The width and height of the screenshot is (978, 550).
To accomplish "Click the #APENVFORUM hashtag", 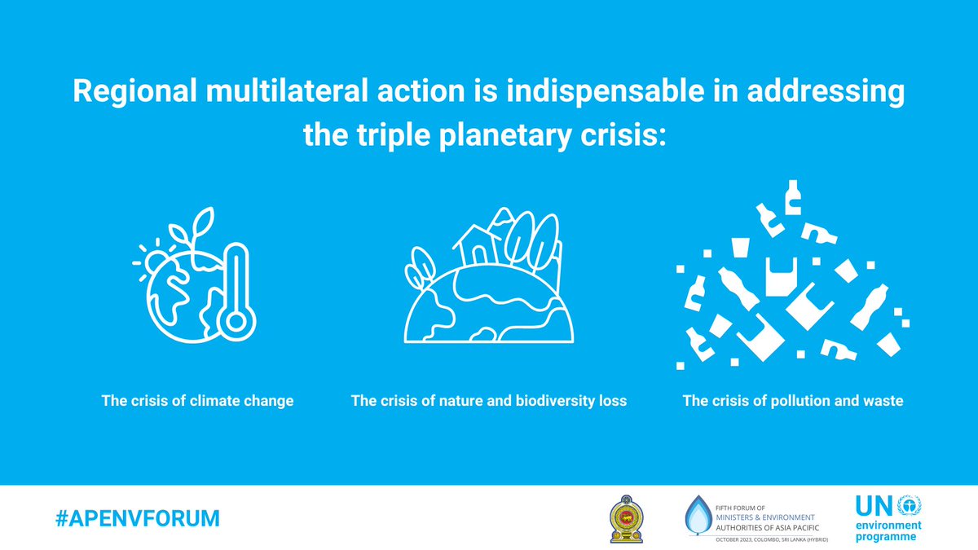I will (138, 517).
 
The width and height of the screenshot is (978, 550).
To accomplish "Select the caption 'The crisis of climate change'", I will (197, 401).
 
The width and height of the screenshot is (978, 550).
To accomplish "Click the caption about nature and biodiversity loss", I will (489, 401).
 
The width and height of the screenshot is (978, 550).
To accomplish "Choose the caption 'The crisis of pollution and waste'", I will (793, 401).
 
